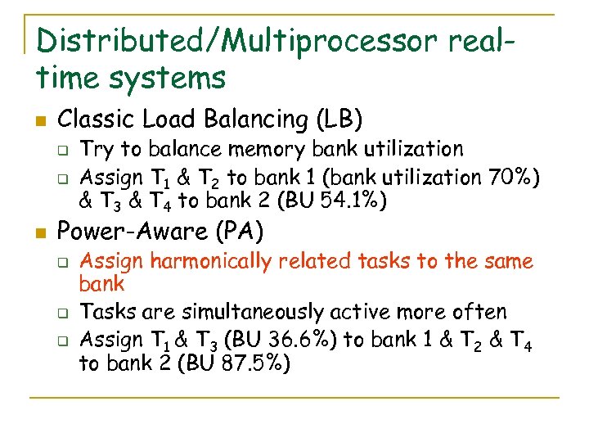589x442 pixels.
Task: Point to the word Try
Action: [x=97, y=150]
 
